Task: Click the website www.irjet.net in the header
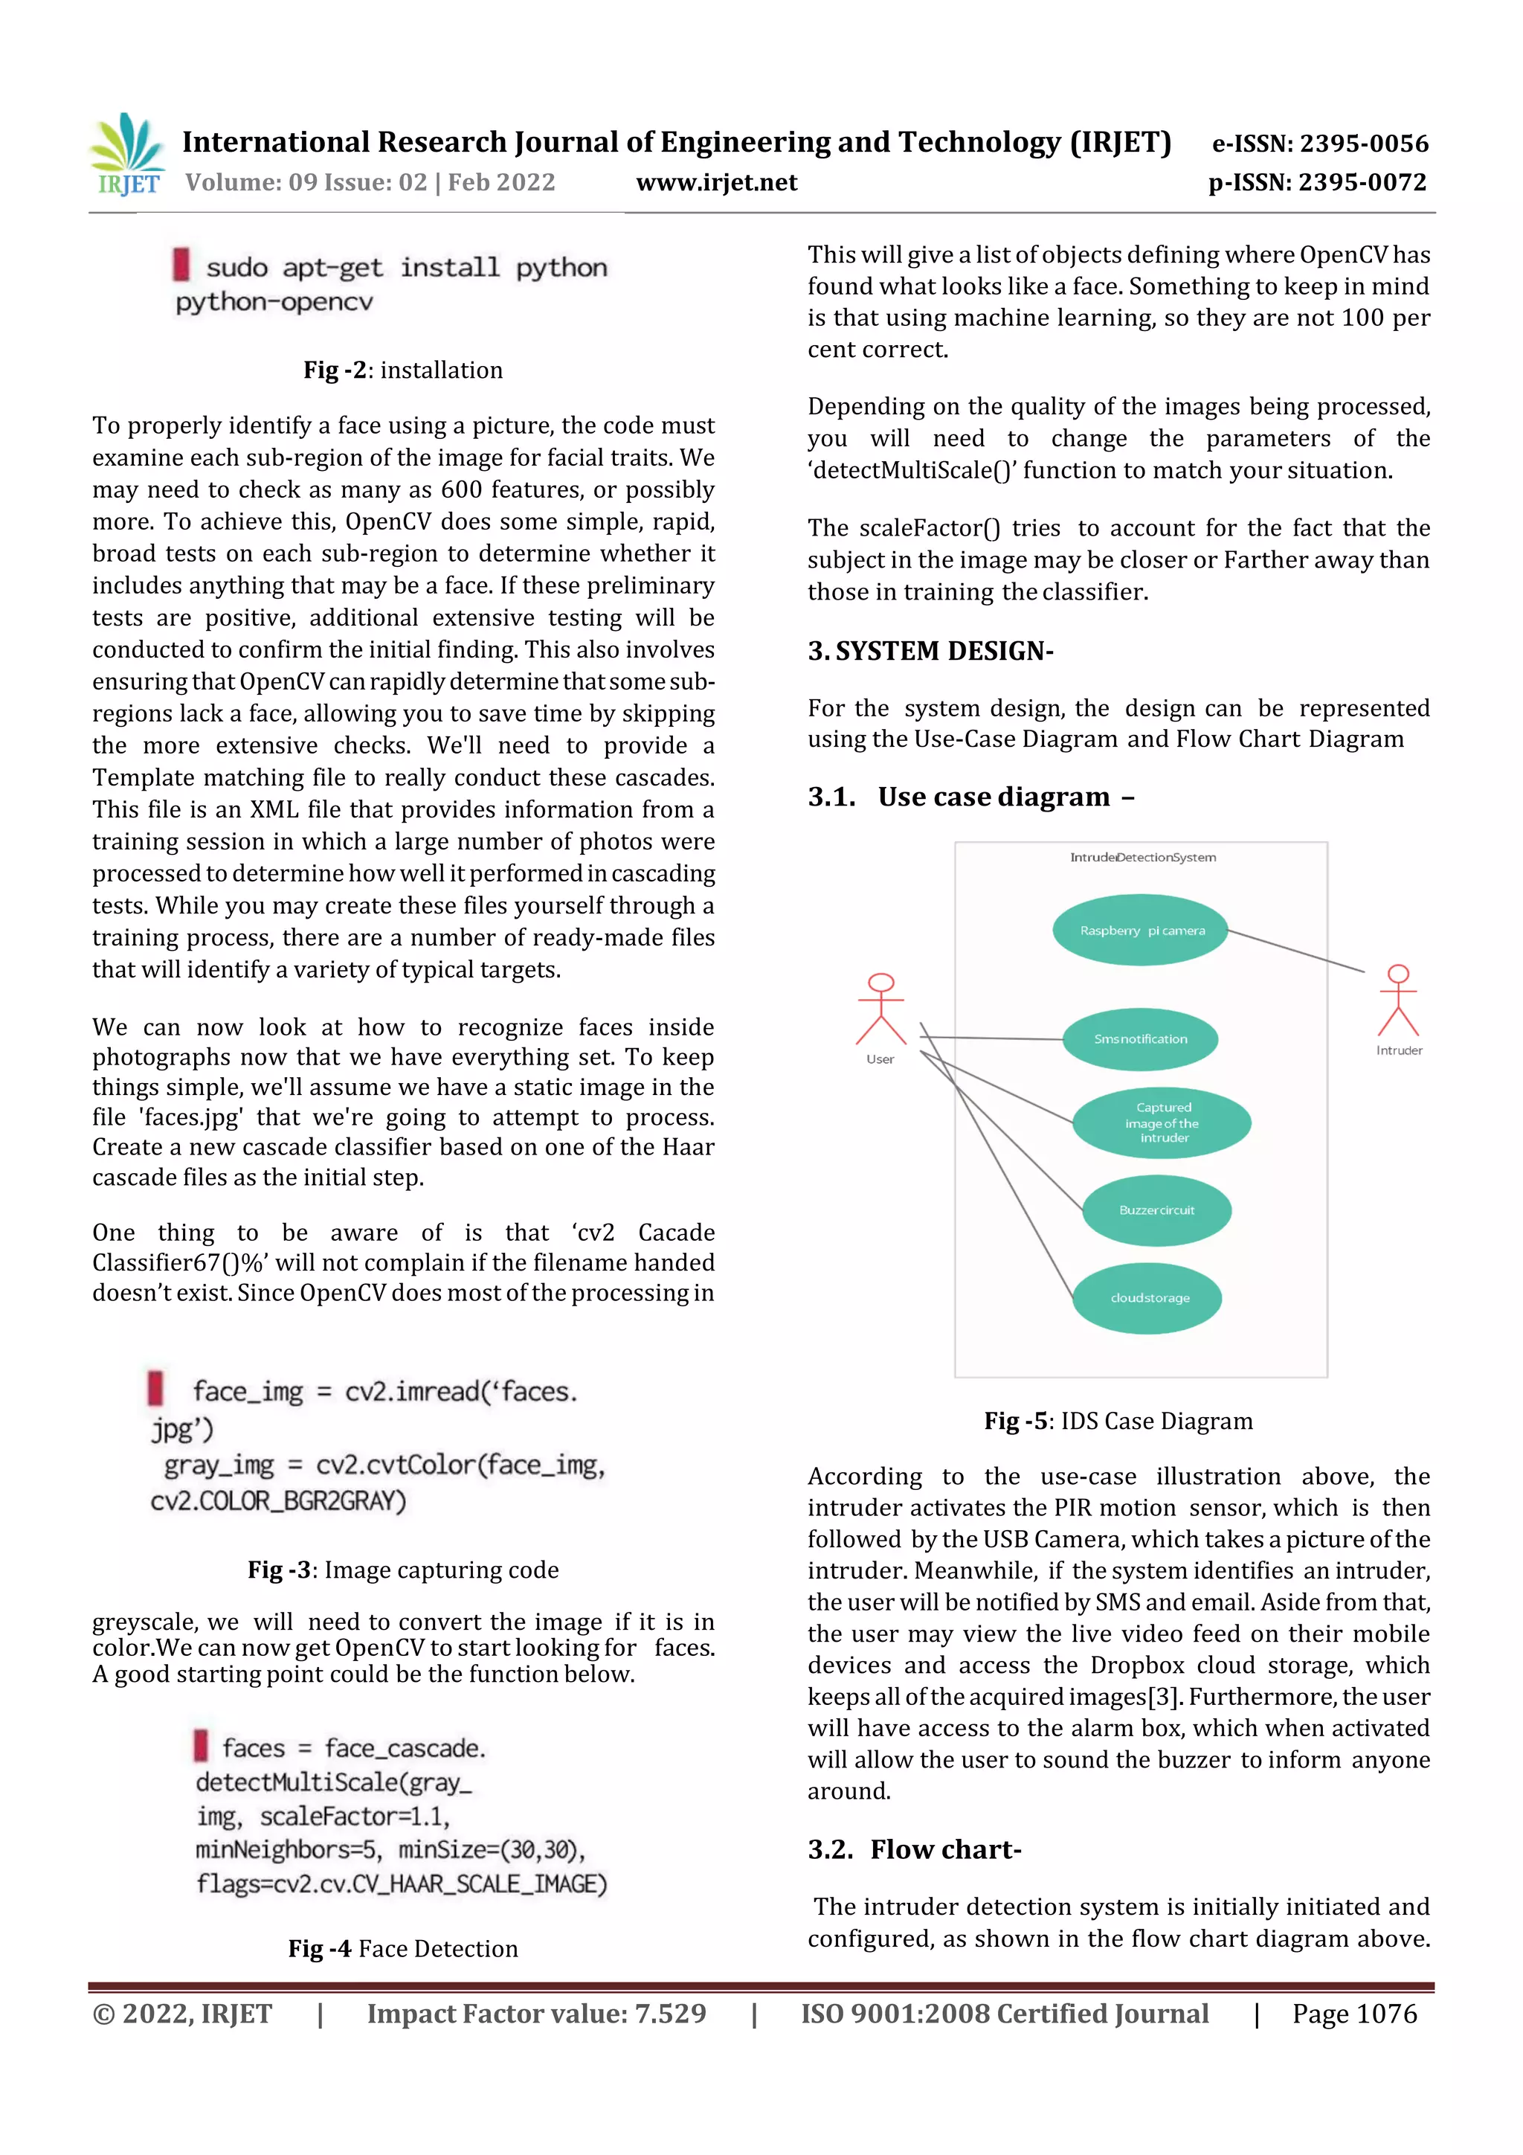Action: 716,182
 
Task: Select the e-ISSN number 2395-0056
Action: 1320,144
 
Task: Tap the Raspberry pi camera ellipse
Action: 1140,930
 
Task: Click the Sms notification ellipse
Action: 1140,1039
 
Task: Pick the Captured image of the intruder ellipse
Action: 1162,1123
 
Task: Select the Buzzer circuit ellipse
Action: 1156,1210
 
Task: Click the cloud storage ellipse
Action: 1149,1298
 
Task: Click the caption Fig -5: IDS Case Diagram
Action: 1118,1421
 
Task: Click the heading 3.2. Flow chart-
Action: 914,1849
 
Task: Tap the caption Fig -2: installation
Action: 402,370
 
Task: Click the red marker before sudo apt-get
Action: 181,265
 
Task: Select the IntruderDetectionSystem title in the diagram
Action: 1142,857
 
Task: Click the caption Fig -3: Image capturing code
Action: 402,1570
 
